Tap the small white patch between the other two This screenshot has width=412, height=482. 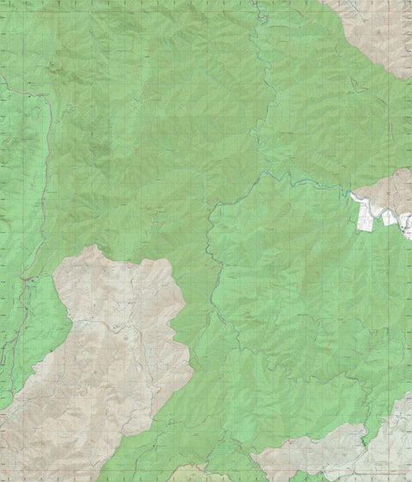click(389, 218)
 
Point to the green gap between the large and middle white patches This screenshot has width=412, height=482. click(381, 216)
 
